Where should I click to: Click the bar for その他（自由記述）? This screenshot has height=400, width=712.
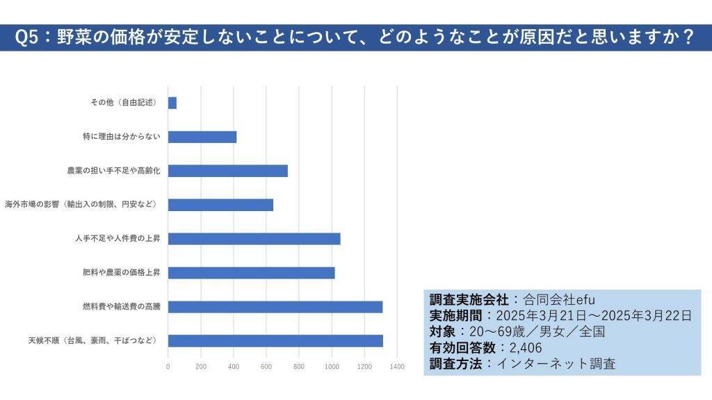[172, 103]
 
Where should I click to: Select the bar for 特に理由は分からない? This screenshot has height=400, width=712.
[202, 137]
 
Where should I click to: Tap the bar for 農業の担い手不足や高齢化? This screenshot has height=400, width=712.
[227, 171]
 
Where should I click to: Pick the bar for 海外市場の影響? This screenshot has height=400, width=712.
[220, 205]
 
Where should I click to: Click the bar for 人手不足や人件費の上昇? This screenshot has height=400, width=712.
[254, 239]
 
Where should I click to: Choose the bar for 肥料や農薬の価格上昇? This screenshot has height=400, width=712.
[251, 273]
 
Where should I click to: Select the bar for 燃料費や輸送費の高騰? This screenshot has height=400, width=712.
[275, 307]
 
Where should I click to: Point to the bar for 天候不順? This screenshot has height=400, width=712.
[275, 341]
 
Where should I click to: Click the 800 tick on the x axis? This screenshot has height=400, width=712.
[299, 366]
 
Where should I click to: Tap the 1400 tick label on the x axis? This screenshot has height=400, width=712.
[397, 366]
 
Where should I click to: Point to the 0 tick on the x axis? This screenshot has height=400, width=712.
[168, 366]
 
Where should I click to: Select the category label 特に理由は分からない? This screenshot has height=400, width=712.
[122, 137]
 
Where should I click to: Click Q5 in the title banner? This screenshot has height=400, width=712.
[28, 37]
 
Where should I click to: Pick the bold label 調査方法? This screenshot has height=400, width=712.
[455, 363]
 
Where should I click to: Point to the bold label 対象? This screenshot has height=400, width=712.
[442, 331]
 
